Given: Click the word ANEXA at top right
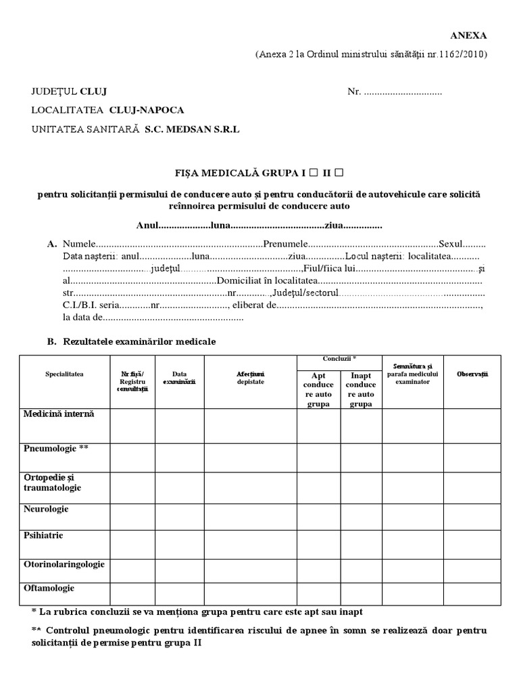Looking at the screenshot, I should (x=468, y=36).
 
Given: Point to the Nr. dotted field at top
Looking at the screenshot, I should (x=403, y=91).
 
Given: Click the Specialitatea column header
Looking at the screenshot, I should (x=64, y=373).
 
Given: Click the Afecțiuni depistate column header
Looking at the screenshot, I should (x=251, y=377).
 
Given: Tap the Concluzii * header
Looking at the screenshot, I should (x=339, y=358).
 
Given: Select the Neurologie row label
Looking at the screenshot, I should (x=46, y=508).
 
